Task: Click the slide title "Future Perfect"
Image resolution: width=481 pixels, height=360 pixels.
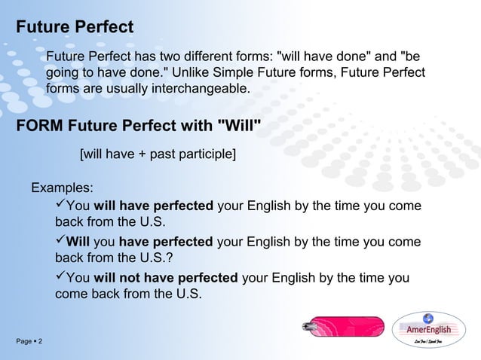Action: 75,28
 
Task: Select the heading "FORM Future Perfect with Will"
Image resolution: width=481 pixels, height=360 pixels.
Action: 139,125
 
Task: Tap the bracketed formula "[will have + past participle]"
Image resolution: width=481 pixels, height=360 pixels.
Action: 158,155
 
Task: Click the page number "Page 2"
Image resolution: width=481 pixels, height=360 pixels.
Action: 29,343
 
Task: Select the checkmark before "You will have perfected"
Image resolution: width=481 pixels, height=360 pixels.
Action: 60,206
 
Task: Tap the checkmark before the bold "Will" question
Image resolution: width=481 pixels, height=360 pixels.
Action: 60,242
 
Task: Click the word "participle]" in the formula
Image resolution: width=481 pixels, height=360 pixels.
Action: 205,155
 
